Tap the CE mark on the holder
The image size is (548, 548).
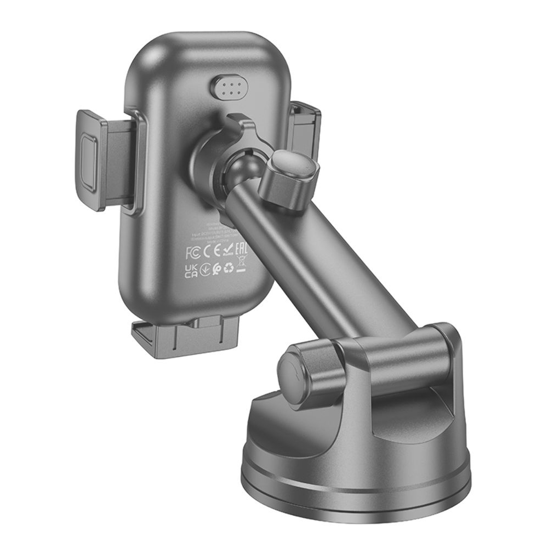coord(211,253)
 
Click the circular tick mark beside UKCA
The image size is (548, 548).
coord(204,270)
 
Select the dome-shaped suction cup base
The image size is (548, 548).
coord(356,466)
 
